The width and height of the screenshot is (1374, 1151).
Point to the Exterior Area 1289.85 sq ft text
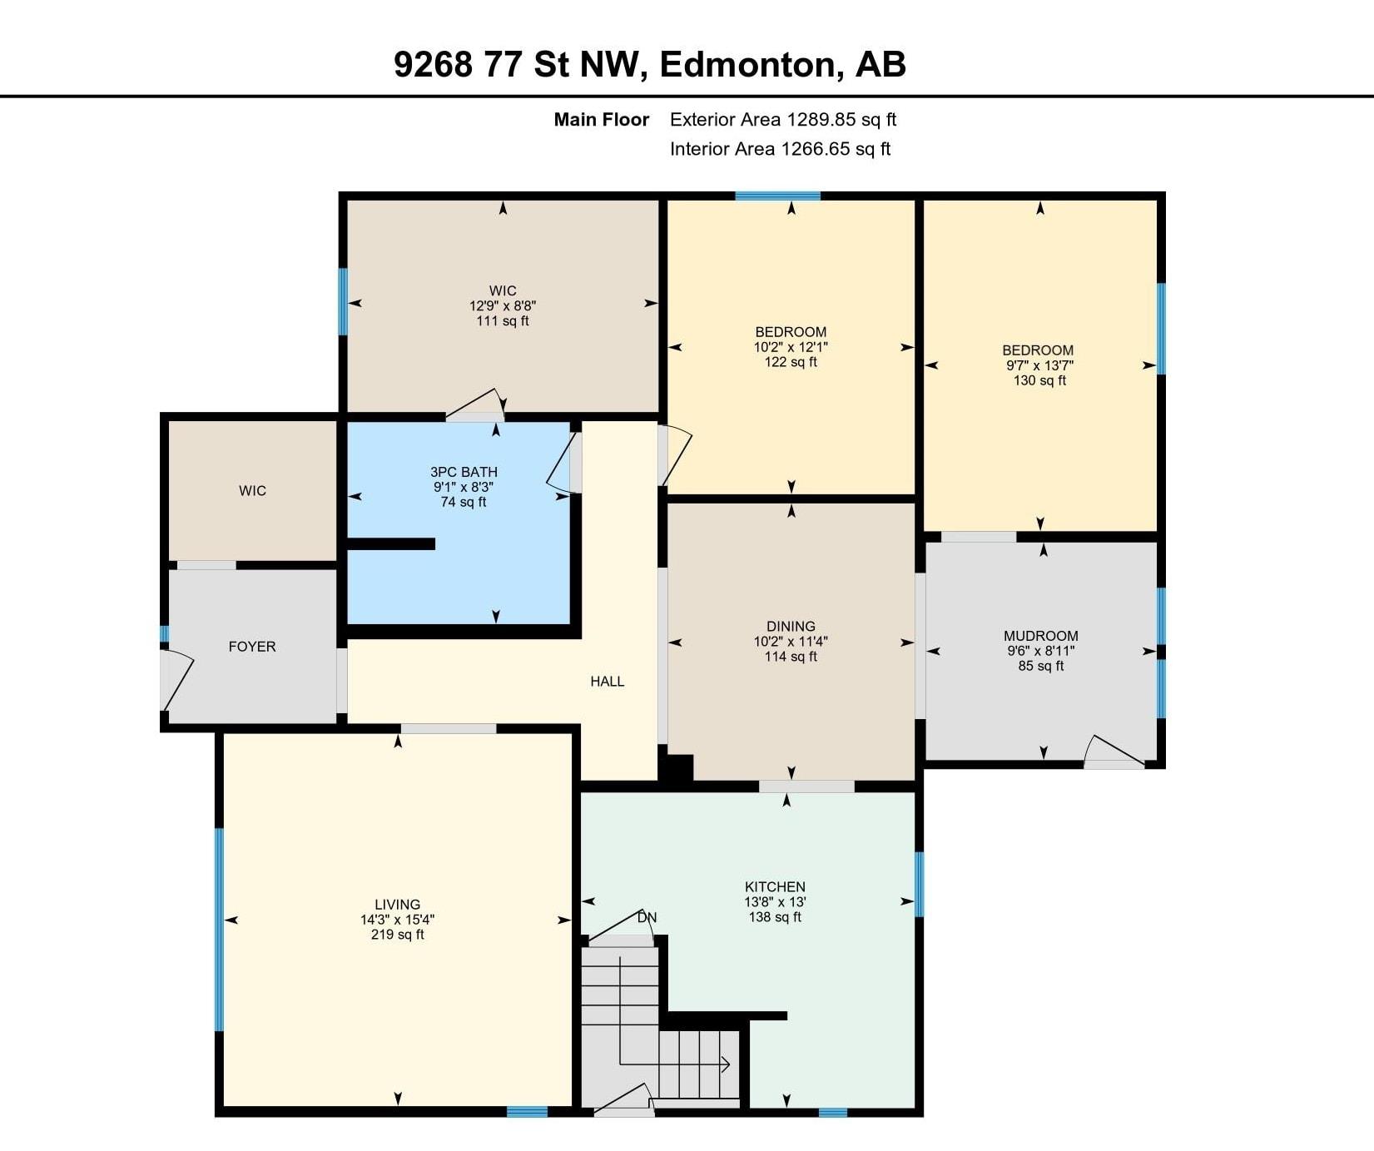coord(783,119)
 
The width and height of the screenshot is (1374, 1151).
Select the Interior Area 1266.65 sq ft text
coord(781,149)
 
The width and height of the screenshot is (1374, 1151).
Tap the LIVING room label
coord(398,904)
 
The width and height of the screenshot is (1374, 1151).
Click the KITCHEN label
coord(775,886)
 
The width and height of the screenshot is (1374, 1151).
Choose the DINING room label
coord(791,626)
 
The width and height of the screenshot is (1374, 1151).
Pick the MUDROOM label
coord(1041,636)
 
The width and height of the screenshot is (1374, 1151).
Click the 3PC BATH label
coord(464,472)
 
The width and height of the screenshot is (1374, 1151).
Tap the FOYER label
coord(252,647)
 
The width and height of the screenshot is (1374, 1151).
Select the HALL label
coord(608,682)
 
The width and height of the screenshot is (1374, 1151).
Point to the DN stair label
coord(647,917)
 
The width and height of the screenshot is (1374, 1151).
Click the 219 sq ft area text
coord(398,935)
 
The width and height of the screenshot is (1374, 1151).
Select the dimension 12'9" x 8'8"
coord(503,305)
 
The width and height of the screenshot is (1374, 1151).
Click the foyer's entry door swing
coord(177,680)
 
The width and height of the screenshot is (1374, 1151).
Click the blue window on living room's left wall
coord(220,930)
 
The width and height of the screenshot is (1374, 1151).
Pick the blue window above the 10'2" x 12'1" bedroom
coord(778,196)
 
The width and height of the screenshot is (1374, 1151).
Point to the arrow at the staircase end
coord(725,1064)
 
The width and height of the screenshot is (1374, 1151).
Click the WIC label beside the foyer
coord(252,491)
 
